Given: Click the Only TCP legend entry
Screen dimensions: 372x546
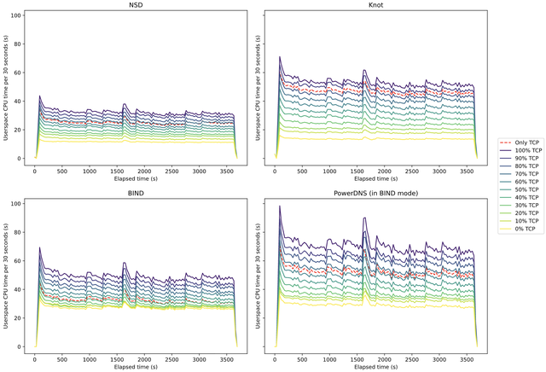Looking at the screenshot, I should pyautogui.click(x=522, y=142).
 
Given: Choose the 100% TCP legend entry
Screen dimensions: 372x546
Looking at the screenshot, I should pyautogui.click(x=522, y=150).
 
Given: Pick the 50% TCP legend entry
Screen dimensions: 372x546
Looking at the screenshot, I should pyautogui.click(x=522, y=189).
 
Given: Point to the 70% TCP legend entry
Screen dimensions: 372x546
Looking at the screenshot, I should pyautogui.click(x=522, y=173).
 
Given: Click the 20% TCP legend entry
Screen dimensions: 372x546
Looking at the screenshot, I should pyautogui.click(x=522, y=212).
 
